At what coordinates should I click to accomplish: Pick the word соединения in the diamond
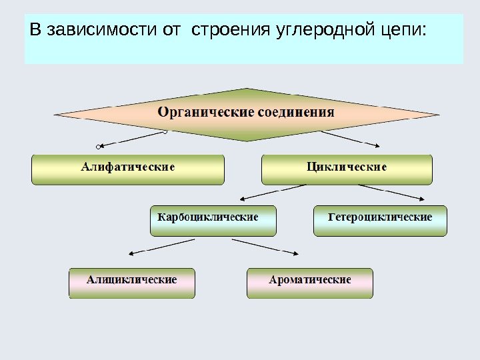click(x=295, y=112)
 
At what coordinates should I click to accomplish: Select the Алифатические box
click(x=128, y=169)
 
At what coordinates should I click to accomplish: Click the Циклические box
click(x=347, y=169)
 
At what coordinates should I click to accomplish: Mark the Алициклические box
click(x=132, y=283)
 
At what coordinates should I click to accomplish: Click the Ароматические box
click(x=310, y=283)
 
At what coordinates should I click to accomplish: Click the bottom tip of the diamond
click(x=247, y=141)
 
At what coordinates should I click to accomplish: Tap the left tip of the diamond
click(x=55, y=115)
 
